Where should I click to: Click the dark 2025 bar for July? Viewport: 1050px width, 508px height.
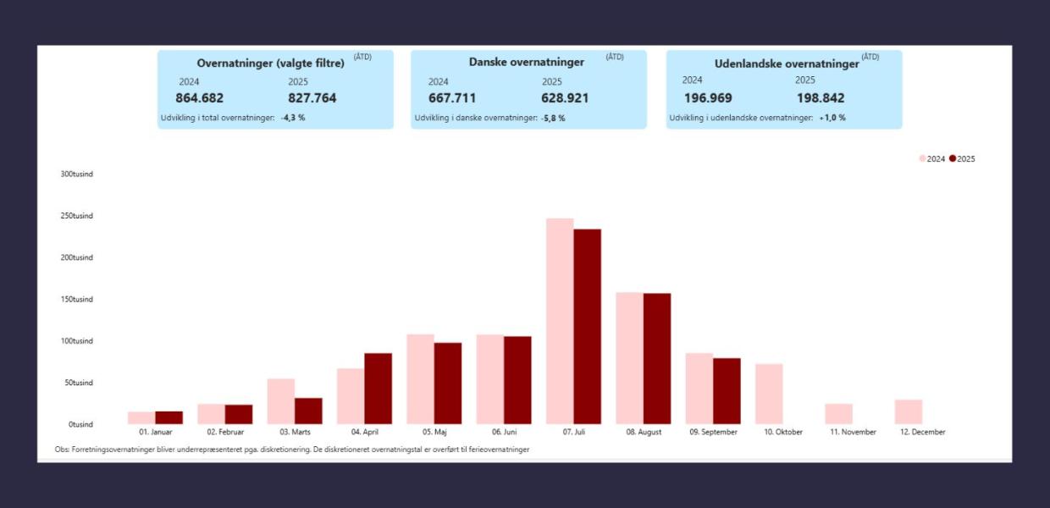[587, 327]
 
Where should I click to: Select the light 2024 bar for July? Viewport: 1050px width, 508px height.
[560, 322]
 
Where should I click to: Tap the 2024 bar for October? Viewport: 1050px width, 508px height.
[769, 394]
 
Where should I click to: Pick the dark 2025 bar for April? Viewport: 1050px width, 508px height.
[378, 389]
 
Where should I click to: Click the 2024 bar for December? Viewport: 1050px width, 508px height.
[908, 411]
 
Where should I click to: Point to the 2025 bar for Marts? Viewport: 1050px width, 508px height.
[308, 411]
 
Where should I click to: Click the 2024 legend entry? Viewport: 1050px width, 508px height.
[931, 159]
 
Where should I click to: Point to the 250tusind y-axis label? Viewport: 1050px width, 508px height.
[76, 216]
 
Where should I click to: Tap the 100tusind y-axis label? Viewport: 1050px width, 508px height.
[76, 341]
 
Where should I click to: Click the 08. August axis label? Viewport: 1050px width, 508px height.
[644, 432]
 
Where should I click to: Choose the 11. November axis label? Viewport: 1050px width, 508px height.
[852, 432]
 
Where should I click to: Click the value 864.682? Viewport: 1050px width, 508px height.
[200, 98]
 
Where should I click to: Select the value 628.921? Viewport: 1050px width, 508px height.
[566, 98]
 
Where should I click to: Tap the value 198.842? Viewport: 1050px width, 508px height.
[820, 98]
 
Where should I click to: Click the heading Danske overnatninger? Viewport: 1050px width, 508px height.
[527, 62]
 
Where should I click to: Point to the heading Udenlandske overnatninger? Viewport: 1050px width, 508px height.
[787, 63]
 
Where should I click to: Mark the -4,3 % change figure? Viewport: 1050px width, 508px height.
[293, 118]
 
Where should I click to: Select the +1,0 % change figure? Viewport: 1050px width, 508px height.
[832, 118]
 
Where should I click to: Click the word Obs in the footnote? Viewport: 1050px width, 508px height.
[60, 450]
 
